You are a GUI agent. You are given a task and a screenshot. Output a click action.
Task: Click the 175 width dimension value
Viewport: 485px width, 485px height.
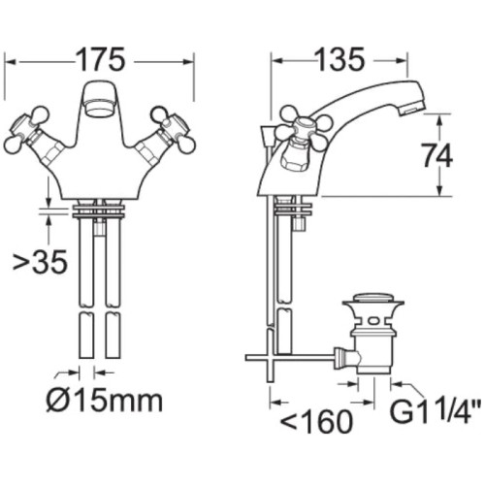pos(101,59)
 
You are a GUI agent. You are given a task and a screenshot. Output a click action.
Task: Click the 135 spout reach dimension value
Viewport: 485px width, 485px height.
pos(339,59)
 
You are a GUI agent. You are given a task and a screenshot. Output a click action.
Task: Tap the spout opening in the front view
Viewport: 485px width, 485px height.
pos(99,102)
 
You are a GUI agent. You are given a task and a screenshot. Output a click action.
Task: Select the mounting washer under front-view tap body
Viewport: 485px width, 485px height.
pos(99,207)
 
